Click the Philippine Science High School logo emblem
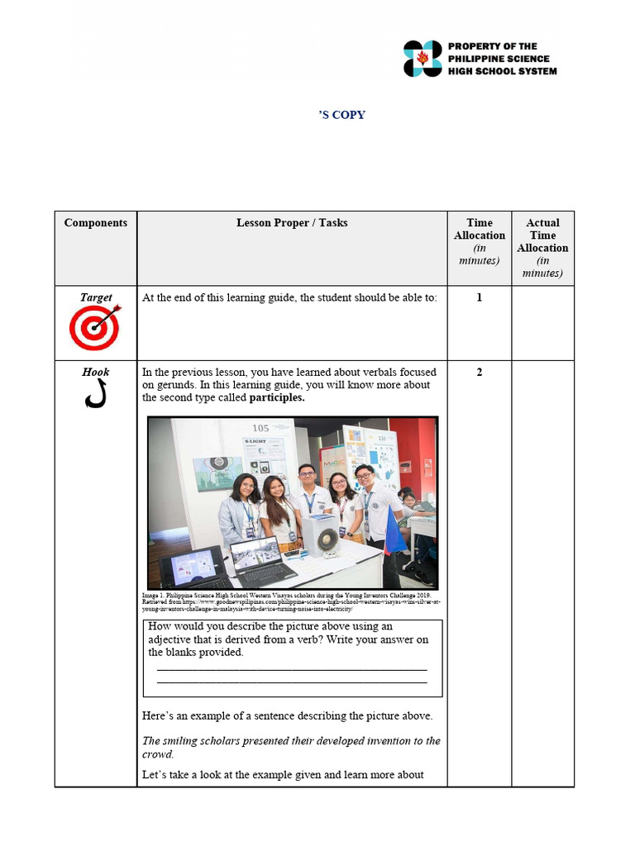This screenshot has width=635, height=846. coord(423,59)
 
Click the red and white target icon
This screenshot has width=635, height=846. coord(95,326)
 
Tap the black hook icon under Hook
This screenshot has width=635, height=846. coord(95,396)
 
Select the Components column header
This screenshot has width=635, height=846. coord(96,223)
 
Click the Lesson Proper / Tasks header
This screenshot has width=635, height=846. coord(292,223)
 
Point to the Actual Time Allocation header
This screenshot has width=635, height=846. coord(542,235)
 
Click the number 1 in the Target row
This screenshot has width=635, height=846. coord(480,297)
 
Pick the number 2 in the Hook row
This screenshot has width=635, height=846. coord(480,373)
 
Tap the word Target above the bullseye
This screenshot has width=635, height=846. coord(96,297)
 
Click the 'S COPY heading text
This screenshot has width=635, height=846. coord(341,115)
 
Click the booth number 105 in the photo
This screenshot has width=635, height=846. coord(260,428)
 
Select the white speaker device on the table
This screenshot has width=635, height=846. coord(323,535)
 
